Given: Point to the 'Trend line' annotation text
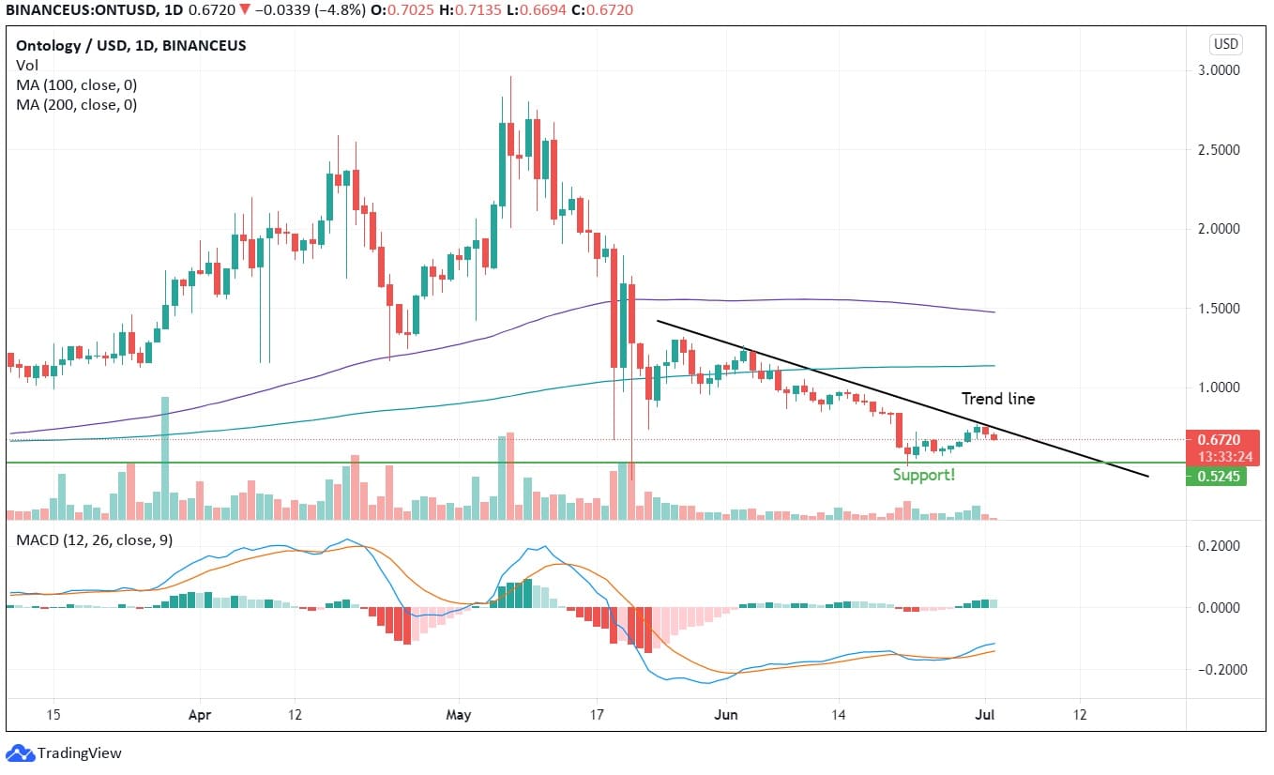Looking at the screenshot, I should click(998, 399).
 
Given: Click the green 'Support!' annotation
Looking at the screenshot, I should click(924, 475).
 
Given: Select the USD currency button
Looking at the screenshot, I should click(1226, 44).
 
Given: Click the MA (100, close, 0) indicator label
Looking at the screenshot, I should click(76, 85).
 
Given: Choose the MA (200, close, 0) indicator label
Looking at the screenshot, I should click(76, 105).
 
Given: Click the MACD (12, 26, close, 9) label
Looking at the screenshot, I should click(93, 540).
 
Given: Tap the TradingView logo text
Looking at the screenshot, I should click(79, 752).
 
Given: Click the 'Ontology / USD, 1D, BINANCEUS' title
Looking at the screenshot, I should click(131, 45).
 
